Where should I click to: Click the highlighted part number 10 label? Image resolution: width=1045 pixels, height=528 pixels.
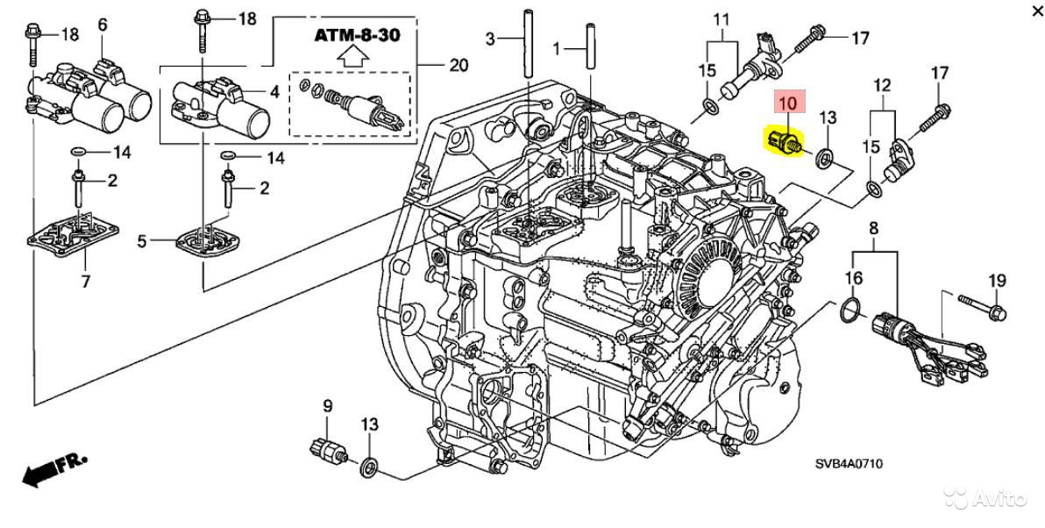pos(787,103)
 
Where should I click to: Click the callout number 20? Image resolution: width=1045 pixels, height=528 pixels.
pos(458,64)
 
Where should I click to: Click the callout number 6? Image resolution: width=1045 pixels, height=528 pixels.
pos(103,25)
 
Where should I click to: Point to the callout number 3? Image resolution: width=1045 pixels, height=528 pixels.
pos(491,38)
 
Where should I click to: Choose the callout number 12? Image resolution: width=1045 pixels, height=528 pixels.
pos(881,85)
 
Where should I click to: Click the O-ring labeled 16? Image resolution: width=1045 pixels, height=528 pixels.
pos(849,310)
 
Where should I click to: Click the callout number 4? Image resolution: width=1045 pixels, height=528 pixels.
pos(274,90)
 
